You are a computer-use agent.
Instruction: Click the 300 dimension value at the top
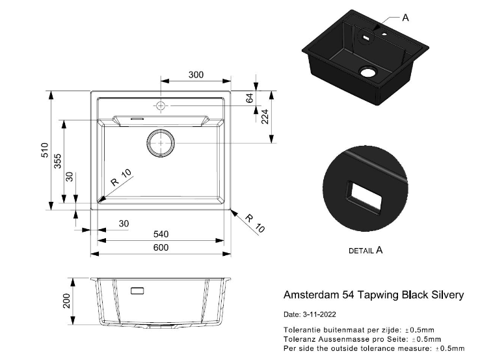coord(196,75)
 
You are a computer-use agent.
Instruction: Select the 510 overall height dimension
coord(45,151)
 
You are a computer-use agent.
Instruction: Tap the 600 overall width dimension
coord(161,247)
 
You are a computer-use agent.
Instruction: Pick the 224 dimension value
coord(265,117)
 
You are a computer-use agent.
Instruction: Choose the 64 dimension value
coord(249,99)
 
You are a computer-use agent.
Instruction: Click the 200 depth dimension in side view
coord(66,301)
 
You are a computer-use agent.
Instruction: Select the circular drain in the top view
coord(160,143)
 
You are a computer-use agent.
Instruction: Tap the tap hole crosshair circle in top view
coord(161,105)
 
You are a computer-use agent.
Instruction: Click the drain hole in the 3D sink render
coord(368,71)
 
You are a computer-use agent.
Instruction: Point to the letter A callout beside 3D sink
coord(405,18)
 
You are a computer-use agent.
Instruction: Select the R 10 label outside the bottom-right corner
coord(257,224)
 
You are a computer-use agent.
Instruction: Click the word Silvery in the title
coord(448,295)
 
